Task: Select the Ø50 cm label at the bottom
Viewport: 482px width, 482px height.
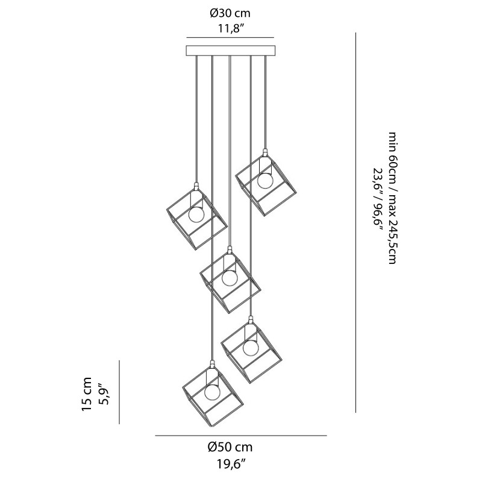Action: tap(230, 447)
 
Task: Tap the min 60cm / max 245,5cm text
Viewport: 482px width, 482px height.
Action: tap(392, 199)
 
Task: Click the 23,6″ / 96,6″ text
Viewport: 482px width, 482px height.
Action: tap(378, 199)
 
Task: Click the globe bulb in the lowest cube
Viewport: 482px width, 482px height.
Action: tap(212, 392)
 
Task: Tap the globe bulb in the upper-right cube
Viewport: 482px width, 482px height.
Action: tap(264, 180)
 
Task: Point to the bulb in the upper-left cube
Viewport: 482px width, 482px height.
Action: tap(196, 214)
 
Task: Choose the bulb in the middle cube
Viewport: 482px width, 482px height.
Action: tap(230, 278)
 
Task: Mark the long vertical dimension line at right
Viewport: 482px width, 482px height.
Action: tap(356, 223)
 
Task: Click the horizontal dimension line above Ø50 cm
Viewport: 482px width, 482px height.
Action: tap(241, 435)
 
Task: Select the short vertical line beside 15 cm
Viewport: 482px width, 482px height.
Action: tap(120, 392)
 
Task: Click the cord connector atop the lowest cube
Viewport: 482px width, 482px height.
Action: tap(212, 363)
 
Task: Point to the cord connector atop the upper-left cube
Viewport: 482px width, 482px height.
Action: tap(196, 184)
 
